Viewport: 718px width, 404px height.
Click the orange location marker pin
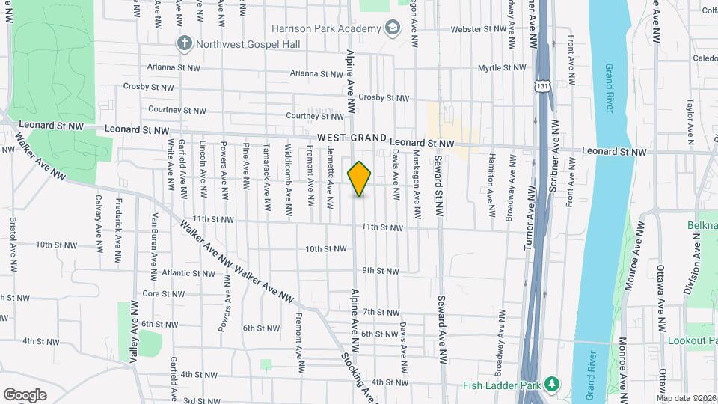[x=360, y=179]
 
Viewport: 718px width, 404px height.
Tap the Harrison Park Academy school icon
[x=392, y=28]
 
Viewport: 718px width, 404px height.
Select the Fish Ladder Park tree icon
[x=552, y=383]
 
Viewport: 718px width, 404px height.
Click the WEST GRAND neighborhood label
[x=351, y=138]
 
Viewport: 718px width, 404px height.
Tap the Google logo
[x=25, y=394]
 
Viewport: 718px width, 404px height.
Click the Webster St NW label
[x=479, y=29]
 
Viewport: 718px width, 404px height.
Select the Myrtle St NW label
[x=502, y=67]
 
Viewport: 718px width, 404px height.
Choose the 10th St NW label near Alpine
[x=323, y=249]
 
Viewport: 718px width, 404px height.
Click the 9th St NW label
[x=381, y=270]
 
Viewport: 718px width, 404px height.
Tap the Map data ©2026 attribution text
[x=687, y=398]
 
